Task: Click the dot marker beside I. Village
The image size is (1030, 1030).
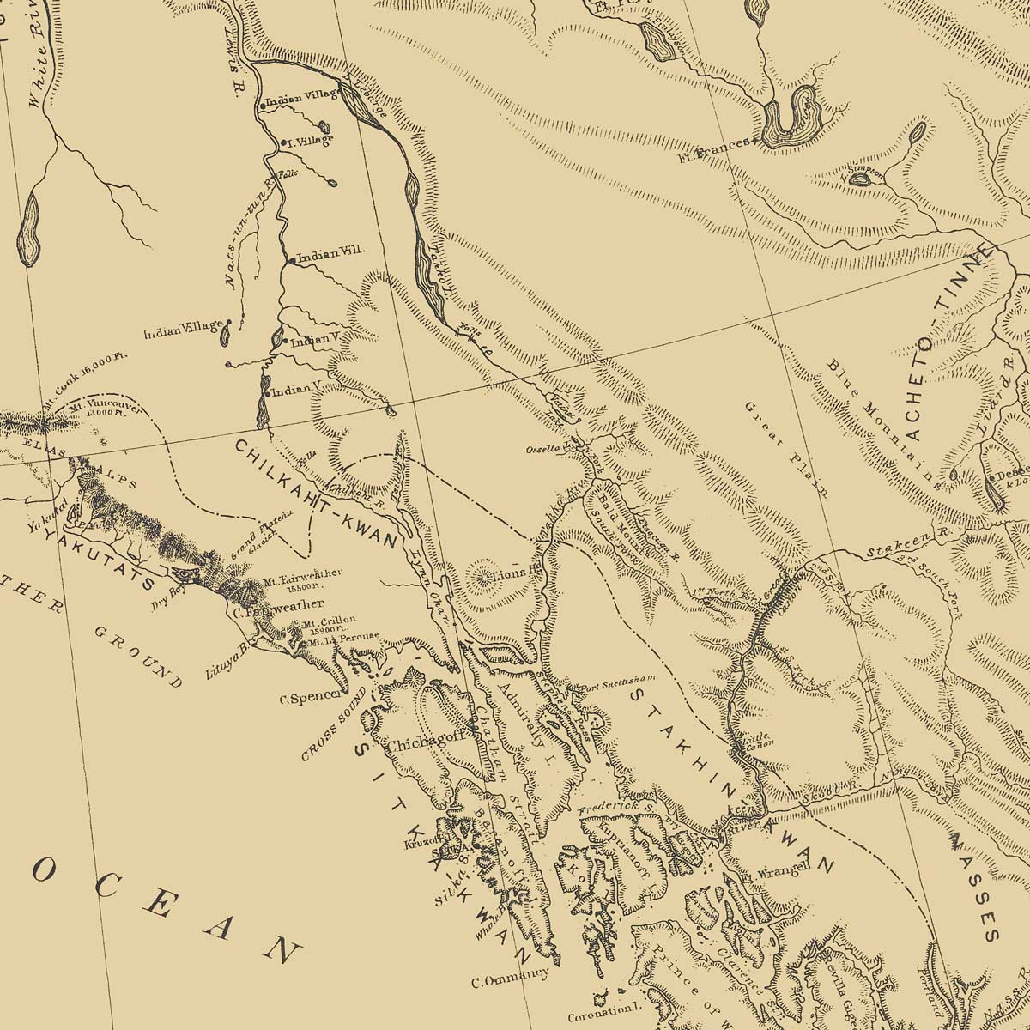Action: coord(283,142)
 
